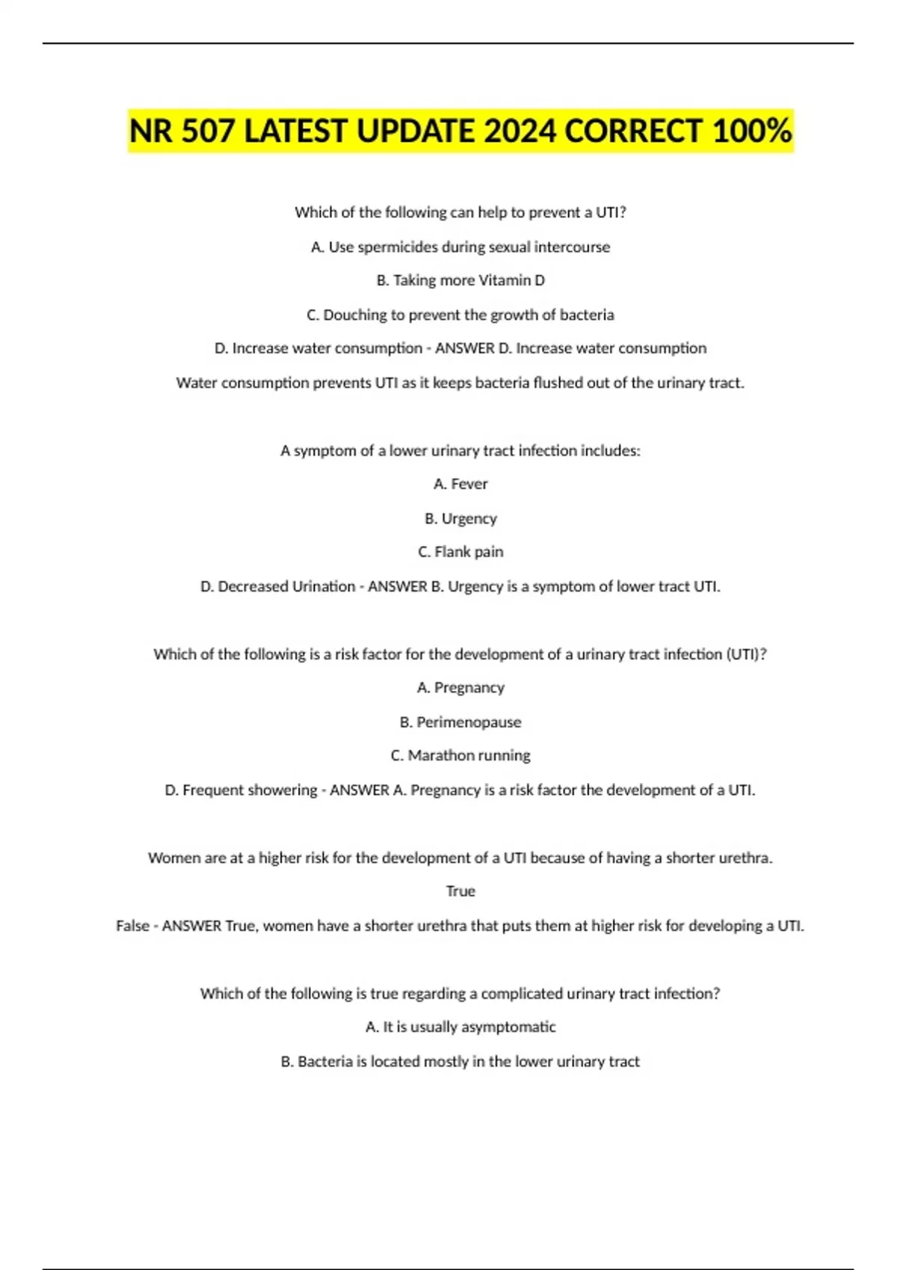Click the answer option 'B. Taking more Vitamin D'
[460, 280]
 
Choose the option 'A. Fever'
[460, 484]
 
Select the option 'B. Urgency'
[460, 518]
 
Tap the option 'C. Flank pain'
[460, 552]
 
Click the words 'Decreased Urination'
[286, 586]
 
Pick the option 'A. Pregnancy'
[460, 687]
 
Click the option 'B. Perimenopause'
[460, 722]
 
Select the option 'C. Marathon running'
[460, 755]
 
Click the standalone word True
[460, 891]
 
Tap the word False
[132, 926]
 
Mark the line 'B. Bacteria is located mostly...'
[460, 1062]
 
